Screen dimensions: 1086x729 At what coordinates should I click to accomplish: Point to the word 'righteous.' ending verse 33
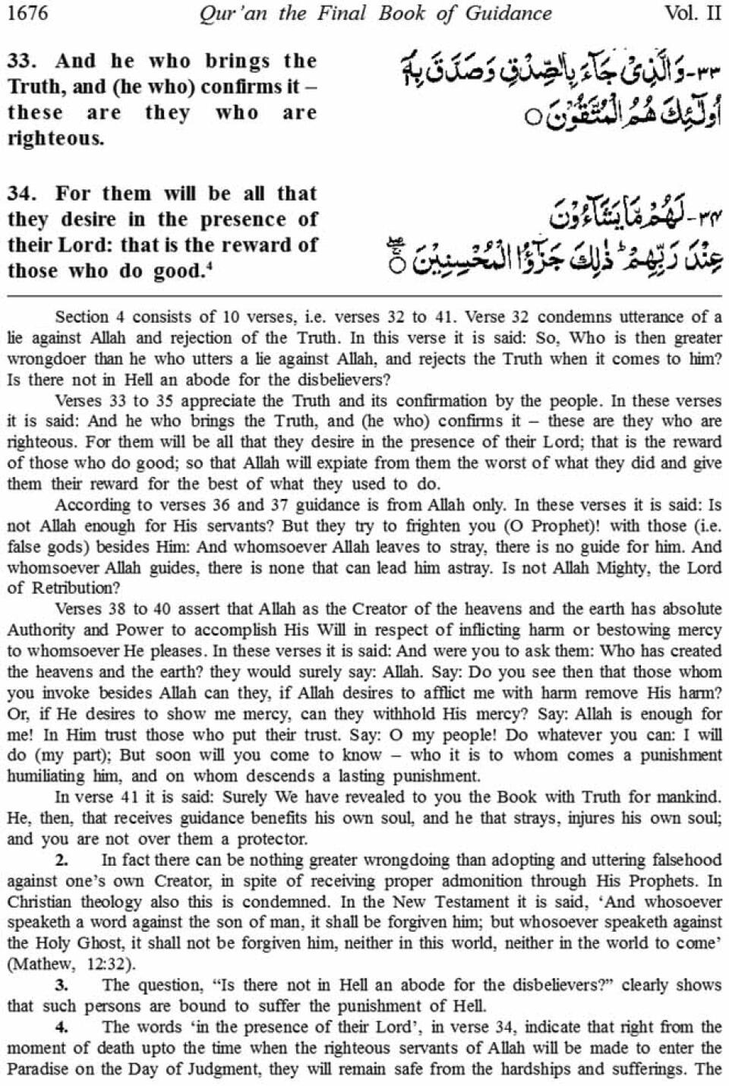click(x=55, y=138)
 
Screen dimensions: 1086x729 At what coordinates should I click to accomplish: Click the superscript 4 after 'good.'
click(x=210, y=266)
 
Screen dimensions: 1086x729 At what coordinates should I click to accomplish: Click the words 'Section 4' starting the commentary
click(x=87, y=317)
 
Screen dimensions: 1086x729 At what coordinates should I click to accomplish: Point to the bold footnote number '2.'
click(x=62, y=860)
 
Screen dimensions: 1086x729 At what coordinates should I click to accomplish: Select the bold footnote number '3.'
click(x=62, y=985)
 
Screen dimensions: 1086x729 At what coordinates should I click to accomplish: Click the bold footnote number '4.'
click(x=62, y=1027)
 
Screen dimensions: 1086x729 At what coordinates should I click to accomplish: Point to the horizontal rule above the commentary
click(x=364, y=295)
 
